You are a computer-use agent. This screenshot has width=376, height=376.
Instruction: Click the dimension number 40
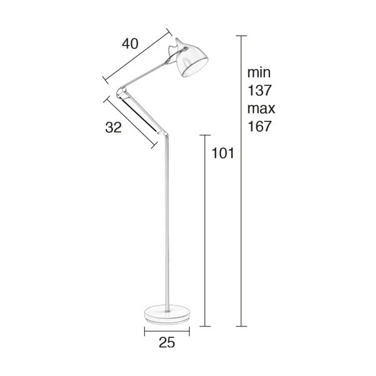click(130, 43)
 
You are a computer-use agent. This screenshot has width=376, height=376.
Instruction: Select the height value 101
click(223, 153)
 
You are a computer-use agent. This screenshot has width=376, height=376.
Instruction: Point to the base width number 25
click(166, 342)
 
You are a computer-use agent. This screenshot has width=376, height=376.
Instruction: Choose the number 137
click(260, 90)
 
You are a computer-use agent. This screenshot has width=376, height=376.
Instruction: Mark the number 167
click(260, 126)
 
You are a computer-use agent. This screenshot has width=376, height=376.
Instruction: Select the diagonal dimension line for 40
click(136, 56)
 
